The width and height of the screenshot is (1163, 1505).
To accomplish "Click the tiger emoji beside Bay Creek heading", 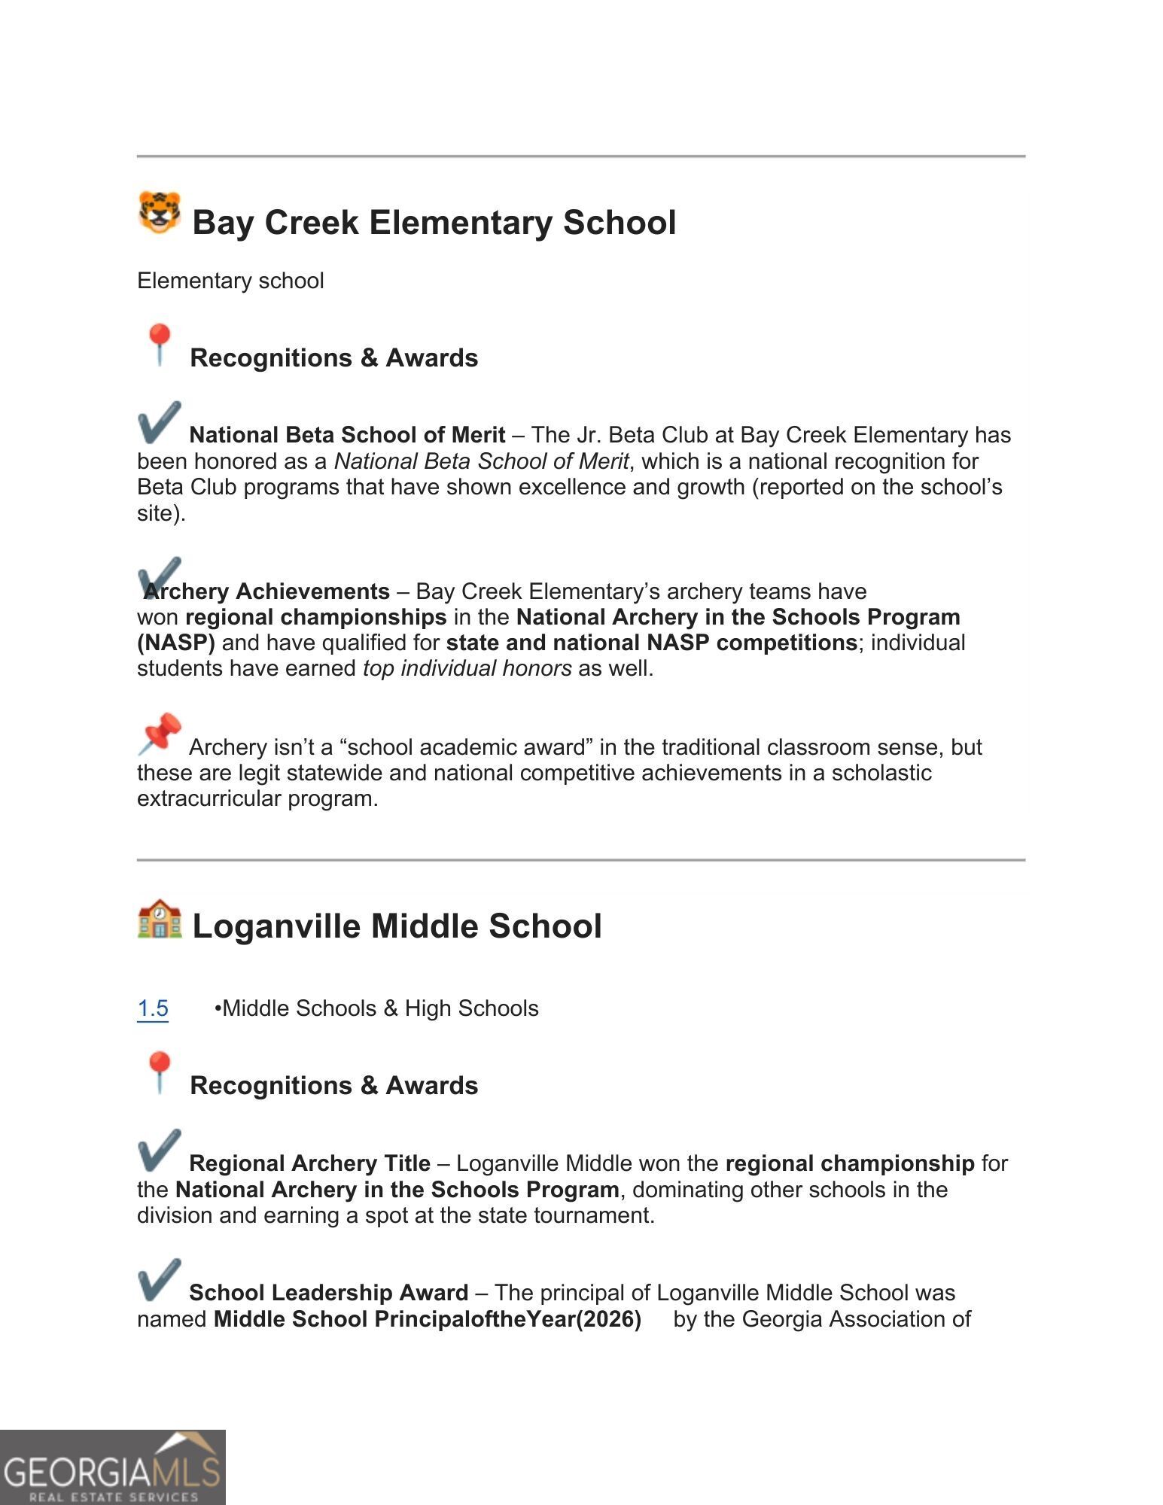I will (x=160, y=212).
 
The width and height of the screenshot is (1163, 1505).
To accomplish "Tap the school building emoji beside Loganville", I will (x=160, y=919).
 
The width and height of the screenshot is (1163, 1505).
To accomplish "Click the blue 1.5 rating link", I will (x=153, y=1008).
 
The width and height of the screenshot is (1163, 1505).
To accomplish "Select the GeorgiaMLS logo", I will (x=113, y=1468).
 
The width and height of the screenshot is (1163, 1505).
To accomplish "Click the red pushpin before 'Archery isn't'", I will (x=160, y=734).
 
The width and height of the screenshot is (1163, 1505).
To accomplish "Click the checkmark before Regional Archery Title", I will (x=160, y=1151).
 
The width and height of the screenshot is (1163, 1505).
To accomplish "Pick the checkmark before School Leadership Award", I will (x=160, y=1280).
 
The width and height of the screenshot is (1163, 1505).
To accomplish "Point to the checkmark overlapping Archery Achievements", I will (x=160, y=577).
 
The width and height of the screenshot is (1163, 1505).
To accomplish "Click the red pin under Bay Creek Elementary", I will (x=159, y=345).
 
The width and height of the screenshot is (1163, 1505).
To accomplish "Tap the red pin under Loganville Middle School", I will (x=159, y=1072).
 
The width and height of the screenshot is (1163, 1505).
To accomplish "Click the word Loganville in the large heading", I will (x=276, y=926).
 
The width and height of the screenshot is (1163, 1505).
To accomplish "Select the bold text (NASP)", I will (x=176, y=643).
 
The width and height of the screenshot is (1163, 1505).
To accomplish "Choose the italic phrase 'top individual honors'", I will (x=467, y=668).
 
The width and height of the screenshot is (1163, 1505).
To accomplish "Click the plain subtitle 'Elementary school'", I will (x=230, y=281).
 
